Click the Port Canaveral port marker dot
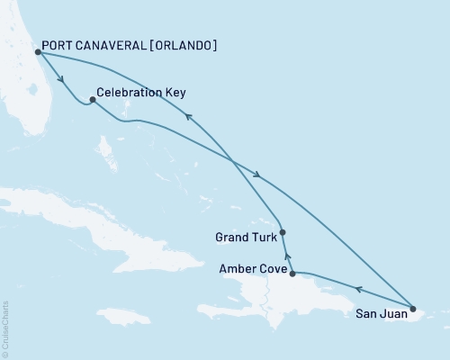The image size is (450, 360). [x=38, y=52]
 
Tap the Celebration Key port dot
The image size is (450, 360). [x=93, y=100]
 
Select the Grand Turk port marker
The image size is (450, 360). [x=283, y=232]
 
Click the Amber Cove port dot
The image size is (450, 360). [x=292, y=272]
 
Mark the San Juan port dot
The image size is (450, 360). [x=413, y=310]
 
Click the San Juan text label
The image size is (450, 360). [x=378, y=314]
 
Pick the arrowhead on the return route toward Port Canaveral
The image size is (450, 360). [x=187, y=114]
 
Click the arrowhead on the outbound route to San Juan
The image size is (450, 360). [x=258, y=175]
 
